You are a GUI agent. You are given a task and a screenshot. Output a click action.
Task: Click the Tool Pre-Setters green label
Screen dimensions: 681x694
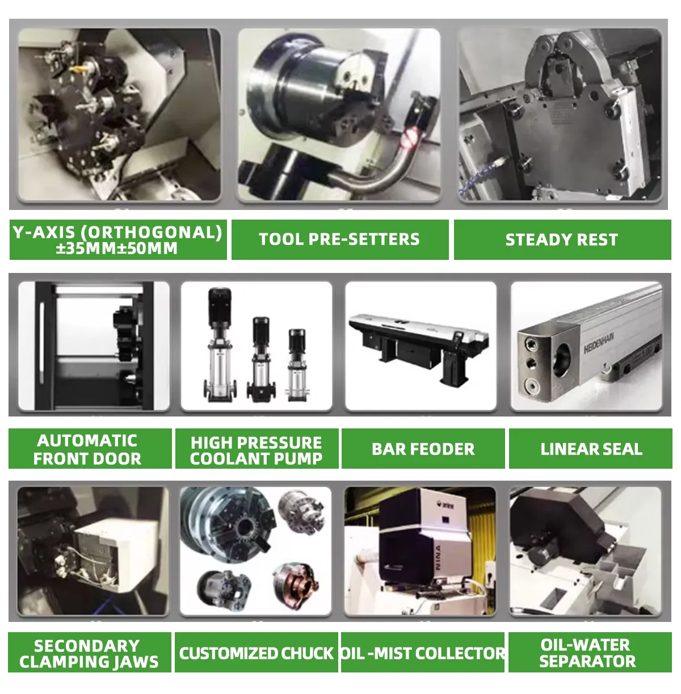pyautogui.click(x=340, y=239)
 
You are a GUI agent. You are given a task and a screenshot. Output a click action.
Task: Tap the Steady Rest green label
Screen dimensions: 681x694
pyautogui.click(x=562, y=239)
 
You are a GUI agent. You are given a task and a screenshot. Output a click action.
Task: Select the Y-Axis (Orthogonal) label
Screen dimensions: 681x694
pyautogui.click(x=118, y=239)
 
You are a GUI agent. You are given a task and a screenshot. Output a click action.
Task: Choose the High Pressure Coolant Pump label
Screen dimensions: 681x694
pyautogui.click(x=257, y=448)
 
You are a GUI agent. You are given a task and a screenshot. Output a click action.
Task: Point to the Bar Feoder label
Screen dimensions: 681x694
pyautogui.click(x=423, y=448)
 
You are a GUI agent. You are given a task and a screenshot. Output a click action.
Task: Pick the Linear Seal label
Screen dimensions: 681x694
pyautogui.click(x=591, y=448)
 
